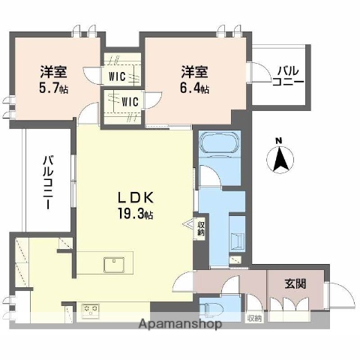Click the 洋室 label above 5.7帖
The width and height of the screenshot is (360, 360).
(x=52, y=73)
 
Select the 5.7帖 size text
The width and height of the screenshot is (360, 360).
(x=52, y=88)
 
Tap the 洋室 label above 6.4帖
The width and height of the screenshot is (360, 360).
(x=193, y=73)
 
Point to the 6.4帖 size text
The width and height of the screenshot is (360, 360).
(x=193, y=88)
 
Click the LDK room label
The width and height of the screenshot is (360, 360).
(x=134, y=199)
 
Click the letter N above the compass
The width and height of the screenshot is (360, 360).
(x=278, y=140)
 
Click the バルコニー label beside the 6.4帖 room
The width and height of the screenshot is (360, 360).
(x=288, y=76)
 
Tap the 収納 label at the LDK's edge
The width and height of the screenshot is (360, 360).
(x=200, y=228)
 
